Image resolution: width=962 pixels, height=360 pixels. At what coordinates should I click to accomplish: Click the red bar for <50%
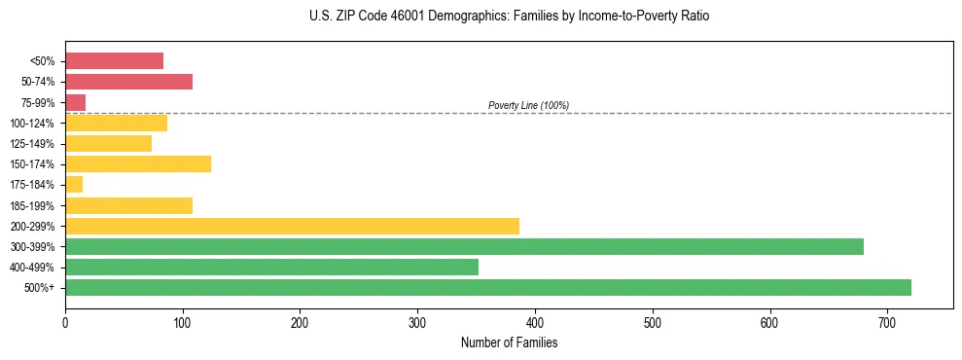click(x=114, y=61)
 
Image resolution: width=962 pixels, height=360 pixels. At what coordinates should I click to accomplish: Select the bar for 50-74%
click(x=128, y=82)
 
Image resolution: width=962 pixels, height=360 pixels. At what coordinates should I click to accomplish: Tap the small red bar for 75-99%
click(x=75, y=102)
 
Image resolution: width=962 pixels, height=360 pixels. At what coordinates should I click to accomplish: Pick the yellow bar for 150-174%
click(x=138, y=164)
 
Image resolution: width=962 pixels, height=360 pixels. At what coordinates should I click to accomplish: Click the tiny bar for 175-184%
click(x=74, y=185)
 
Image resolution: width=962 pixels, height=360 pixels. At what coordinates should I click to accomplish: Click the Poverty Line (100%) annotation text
click(x=528, y=105)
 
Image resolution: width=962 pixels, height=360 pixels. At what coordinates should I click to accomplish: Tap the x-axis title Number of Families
click(x=509, y=342)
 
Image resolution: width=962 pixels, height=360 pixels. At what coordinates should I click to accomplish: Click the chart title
click(x=510, y=17)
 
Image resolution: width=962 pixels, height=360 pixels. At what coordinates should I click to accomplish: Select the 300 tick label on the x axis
click(x=417, y=322)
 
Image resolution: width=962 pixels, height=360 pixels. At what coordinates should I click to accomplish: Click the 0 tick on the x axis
click(x=65, y=322)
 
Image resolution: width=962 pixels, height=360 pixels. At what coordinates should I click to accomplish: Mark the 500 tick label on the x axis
click(x=652, y=322)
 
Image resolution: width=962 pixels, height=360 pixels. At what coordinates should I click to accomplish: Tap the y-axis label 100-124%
click(x=32, y=124)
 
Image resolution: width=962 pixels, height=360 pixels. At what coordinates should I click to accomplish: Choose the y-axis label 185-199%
click(x=32, y=206)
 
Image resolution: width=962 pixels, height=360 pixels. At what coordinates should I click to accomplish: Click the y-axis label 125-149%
click(x=32, y=144)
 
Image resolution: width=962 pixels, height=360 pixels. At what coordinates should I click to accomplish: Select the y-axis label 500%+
click(x=38, y=288)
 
